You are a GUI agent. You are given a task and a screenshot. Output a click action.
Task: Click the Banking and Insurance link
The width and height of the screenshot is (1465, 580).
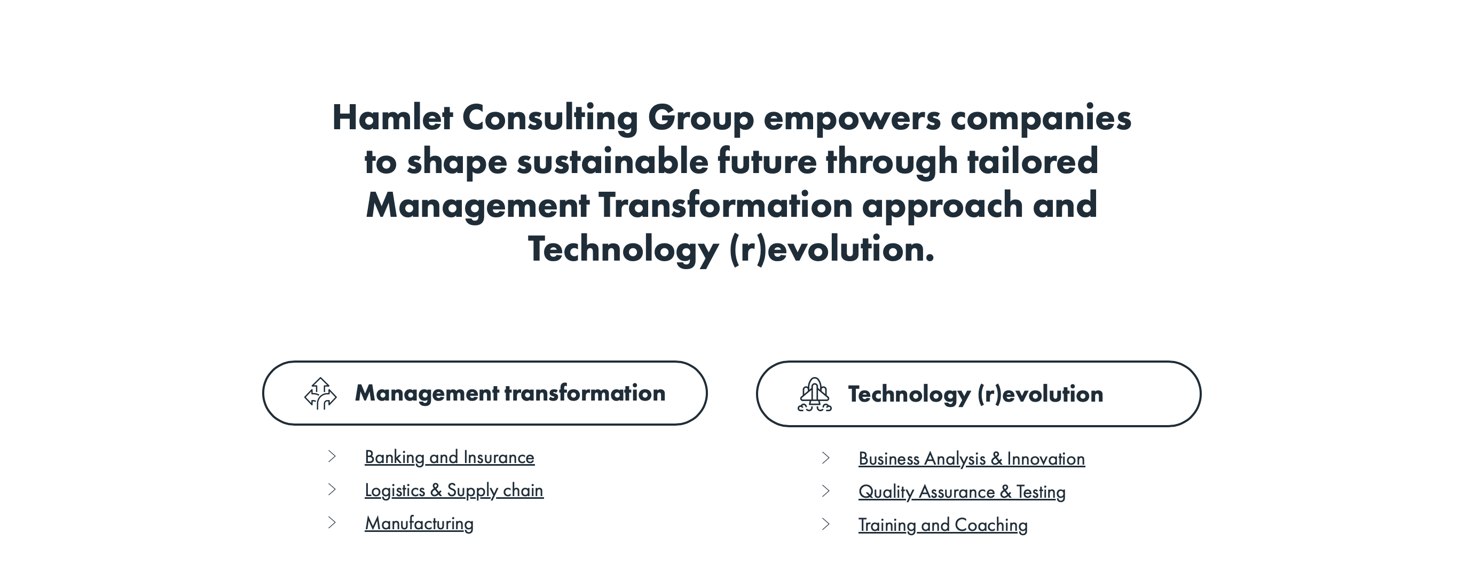coord(450,458)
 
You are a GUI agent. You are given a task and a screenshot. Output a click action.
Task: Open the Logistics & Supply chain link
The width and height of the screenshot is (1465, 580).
coord(454,491)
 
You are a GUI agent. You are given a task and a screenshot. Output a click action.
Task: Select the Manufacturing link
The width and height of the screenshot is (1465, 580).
coord(419,524)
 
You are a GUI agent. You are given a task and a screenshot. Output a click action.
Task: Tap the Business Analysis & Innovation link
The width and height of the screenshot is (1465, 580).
coord(971,459)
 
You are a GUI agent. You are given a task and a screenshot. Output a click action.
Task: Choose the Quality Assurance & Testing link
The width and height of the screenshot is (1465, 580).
coord(962,492)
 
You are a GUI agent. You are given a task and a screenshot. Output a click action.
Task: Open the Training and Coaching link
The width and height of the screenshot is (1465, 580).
coord(943,526)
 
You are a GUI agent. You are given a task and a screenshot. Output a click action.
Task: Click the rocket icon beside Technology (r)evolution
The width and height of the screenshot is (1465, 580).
coord(814,394)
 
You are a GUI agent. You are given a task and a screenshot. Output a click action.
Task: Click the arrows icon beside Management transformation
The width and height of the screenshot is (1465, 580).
coord(321,394)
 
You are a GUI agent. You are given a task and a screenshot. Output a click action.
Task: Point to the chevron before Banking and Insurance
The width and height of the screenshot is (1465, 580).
coord(332,457)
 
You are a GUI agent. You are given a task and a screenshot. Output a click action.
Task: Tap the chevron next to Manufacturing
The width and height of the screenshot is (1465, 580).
coord(332,522)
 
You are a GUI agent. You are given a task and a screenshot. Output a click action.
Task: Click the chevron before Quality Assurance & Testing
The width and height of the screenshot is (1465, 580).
coord(826,491)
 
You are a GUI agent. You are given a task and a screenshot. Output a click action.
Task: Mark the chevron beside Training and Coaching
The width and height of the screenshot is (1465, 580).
coord(826,524)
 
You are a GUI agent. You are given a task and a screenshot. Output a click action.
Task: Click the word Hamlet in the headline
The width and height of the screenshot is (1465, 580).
coord(392,117)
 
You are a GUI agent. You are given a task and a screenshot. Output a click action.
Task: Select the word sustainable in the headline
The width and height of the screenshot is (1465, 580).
coord(612,161)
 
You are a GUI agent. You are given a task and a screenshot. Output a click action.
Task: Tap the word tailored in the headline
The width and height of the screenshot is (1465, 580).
coord(1032,161)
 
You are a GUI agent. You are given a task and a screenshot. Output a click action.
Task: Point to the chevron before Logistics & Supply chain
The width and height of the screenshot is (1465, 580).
coord(332,490)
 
